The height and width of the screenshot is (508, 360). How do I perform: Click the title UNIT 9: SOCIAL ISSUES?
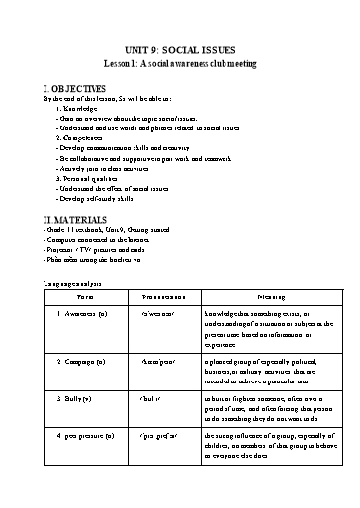coord(180,49)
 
